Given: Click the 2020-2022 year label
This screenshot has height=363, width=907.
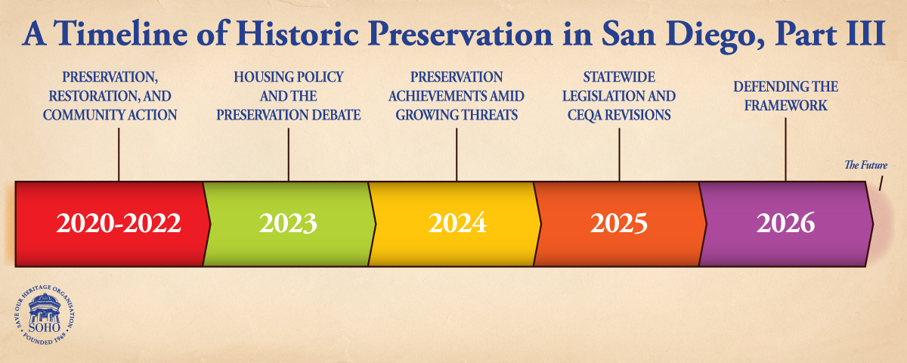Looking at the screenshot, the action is (119, 223).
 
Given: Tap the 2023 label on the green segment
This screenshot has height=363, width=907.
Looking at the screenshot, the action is (288, 223).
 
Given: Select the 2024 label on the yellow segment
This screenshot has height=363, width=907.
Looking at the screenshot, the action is (457, 223).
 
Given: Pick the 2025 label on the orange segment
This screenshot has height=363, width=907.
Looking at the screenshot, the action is (619, 223).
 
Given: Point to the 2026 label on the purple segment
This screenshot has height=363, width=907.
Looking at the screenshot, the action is (785, 223).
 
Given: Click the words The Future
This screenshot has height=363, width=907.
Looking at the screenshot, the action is (865, 165).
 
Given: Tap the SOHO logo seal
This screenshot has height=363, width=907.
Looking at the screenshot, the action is (45, 315).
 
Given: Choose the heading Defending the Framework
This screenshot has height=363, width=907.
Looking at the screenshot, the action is (785, 96).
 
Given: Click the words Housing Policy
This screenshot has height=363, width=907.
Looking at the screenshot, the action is (288, 77).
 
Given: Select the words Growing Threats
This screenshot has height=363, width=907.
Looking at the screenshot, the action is (457, 115).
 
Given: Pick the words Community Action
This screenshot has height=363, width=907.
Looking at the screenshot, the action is (110, 115).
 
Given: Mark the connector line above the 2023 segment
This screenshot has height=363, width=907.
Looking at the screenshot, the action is (288, 154).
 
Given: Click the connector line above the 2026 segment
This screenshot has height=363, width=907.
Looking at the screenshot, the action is (785, 149).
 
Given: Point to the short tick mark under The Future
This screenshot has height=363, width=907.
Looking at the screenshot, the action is (881, 183).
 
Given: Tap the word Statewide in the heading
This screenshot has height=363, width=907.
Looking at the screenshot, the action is (619, 77).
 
